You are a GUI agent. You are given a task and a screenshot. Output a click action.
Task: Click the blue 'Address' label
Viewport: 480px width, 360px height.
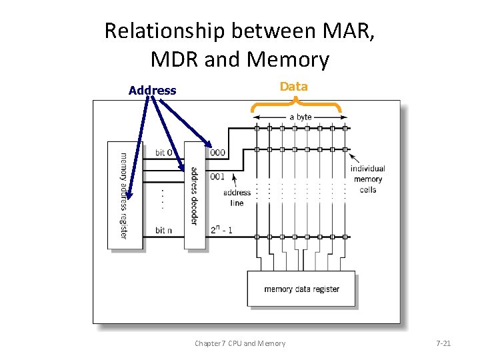153,91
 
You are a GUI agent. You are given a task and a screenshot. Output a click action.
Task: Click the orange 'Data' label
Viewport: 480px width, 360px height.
294,87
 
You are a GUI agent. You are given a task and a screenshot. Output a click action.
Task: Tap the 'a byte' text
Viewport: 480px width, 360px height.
300,117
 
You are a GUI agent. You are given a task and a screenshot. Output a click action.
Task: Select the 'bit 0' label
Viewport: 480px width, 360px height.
166,153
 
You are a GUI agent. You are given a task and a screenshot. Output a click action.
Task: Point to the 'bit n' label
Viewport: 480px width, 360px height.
163,231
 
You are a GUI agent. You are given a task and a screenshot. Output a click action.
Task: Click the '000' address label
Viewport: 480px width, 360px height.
217,153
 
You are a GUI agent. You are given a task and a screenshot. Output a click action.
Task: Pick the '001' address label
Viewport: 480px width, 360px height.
217,177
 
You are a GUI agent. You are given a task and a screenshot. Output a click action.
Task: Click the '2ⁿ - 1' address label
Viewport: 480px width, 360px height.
221,231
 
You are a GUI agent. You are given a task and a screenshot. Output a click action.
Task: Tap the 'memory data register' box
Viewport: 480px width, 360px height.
301,289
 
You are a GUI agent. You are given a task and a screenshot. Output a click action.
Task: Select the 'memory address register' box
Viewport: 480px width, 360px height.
125,195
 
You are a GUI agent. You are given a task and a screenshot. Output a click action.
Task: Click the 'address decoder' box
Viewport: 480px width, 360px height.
195,195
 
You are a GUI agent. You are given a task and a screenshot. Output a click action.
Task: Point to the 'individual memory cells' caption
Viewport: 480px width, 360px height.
368,179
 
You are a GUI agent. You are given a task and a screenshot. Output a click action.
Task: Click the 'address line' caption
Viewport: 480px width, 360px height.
237,198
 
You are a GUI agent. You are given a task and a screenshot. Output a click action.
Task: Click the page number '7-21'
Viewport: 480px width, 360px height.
443,343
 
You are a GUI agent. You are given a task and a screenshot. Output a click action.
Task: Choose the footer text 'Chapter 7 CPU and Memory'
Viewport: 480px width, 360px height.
240,343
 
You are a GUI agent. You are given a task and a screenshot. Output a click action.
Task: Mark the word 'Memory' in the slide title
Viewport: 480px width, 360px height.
288,60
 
